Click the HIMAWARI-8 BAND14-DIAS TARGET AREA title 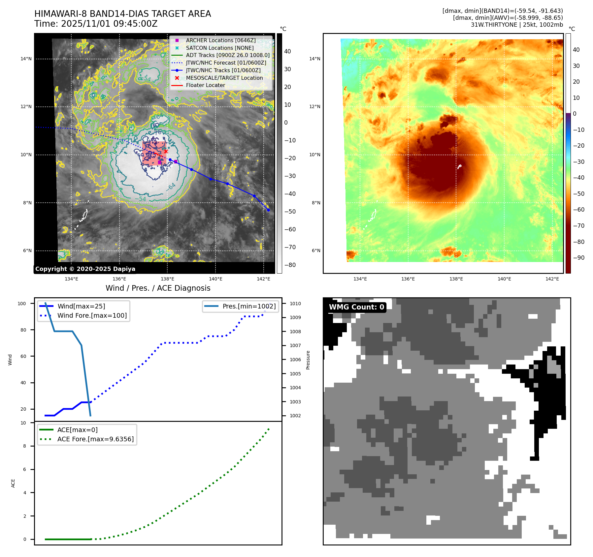click(x=122, y=14)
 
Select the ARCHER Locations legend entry click(x=220, y=40)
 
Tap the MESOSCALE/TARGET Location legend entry click(x=224, y=78)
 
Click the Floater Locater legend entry click(x=205, y=85)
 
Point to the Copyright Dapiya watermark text click(x=85, y=269)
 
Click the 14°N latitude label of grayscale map click(x=26, y=59)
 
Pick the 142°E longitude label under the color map click(x=552, y=279)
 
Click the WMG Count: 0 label click(x=356, y=307)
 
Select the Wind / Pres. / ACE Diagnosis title click(x=158, y=288)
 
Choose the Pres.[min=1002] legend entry click(x=249, y=306)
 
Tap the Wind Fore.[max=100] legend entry click(x=92, y=315)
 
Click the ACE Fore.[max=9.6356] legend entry click(x=95, y=439)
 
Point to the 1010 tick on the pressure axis click(x=295, y=304)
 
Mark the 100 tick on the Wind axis click(x=22, y=304)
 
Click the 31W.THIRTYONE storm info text click(x=516, y=25)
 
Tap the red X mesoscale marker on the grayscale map click(x=166, y=151)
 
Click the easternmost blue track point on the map click(x=268, y=210)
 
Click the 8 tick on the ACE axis click(x=24, y=446)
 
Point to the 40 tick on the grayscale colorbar click(x=287, y=51)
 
